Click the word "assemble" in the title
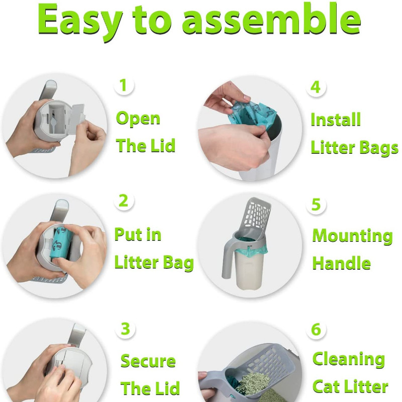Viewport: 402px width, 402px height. pyautogui.click(x=271, y=20)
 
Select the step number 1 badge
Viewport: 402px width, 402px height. pyautogui.click(x=124, y=85)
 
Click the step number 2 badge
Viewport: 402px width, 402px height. pyautogui.click(x=124, y=200)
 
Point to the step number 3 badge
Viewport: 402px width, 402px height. pyautogui.click(x=125, y=329)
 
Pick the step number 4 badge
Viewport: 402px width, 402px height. pyautogui.click(x=316, y=87)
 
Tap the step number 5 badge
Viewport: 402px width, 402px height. pyautogui.click(x=316, y=205)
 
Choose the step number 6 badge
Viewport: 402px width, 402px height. pyautogui.click(x=316, y=329)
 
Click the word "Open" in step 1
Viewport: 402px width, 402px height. pyautogui.click(x=138, y=119)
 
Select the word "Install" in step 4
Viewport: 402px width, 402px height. pyautogui.click(x=336, y=120)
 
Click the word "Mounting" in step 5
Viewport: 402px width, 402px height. pyautogui.click(x=353, y=236)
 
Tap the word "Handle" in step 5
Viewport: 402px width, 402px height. pyautogui.click(x=342, y=263)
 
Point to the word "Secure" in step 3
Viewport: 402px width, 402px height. pyautogui.click(x=148, y=361)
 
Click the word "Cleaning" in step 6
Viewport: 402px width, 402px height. pyautogui.click(x=349, y=359)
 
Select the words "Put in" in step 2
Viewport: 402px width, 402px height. pyautogui.click(x=138, y=234)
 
